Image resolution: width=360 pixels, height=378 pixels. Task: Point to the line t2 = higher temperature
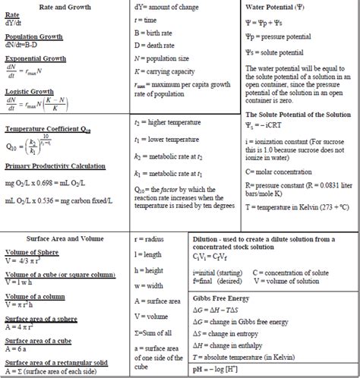click(x=166, y=121)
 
